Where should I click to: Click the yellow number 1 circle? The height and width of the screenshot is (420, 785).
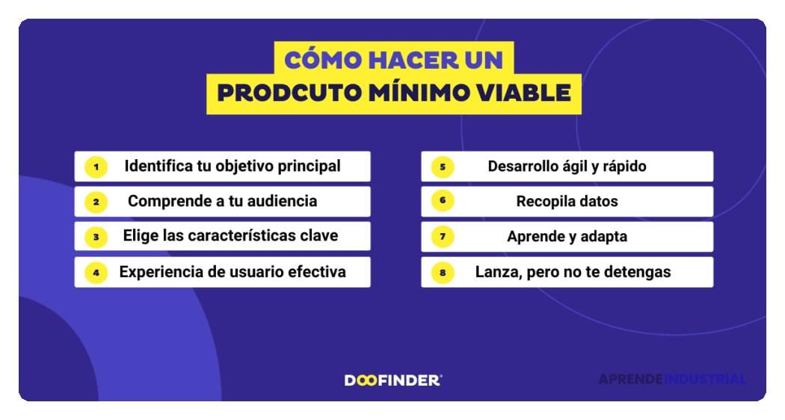(x=96, y=166)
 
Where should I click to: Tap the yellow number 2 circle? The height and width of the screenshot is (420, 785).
(x=96, y=201)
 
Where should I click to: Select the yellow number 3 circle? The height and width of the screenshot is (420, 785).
(x=96, y=237)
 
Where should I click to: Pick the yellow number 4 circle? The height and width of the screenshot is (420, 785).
(x=96, y=272)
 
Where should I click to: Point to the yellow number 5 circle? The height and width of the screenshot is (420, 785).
(x=443, y=166)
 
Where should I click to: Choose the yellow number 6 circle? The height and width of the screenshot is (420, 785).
(x=443, y=201)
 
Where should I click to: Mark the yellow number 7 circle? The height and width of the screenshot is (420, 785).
(x=443, y=237)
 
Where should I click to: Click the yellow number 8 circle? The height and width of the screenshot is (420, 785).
(x=443, y=272)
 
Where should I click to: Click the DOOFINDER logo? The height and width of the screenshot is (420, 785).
(x=392, y=380)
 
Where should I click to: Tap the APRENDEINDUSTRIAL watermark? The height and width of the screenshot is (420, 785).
(x=671, y=380)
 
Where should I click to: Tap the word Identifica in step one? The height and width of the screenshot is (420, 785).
(x=158, y=166)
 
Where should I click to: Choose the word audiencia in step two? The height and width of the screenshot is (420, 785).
(x=280, y=201)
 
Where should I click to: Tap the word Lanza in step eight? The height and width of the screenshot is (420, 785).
(x=496, y=272)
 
